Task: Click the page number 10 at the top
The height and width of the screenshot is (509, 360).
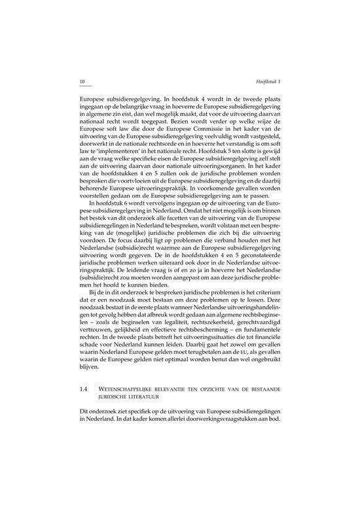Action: tap(81, 81)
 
